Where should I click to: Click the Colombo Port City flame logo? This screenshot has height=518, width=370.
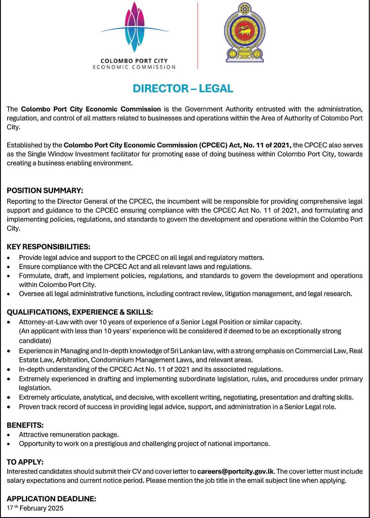(135, 28)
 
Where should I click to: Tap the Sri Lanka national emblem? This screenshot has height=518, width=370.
(244, 32)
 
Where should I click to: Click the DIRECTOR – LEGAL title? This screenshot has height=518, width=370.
(183, 88)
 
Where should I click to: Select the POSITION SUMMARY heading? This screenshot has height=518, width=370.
(45, 190)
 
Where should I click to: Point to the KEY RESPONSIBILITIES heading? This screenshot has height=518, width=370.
(48, 247)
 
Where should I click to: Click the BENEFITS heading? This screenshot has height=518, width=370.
(25, 425)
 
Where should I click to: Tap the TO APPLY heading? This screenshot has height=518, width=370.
(25, 462)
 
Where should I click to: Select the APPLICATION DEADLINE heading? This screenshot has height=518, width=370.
(51, 499)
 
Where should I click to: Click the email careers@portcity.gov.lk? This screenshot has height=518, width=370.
(235, 471)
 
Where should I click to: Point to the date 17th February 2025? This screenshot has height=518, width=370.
(35, 508)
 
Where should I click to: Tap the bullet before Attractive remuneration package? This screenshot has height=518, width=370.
(9, 435)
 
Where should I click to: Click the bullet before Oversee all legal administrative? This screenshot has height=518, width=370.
(9, 294)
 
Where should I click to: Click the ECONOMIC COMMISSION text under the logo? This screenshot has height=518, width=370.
(134, 67)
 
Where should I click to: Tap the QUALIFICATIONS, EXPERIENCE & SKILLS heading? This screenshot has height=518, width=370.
(80, 312)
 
